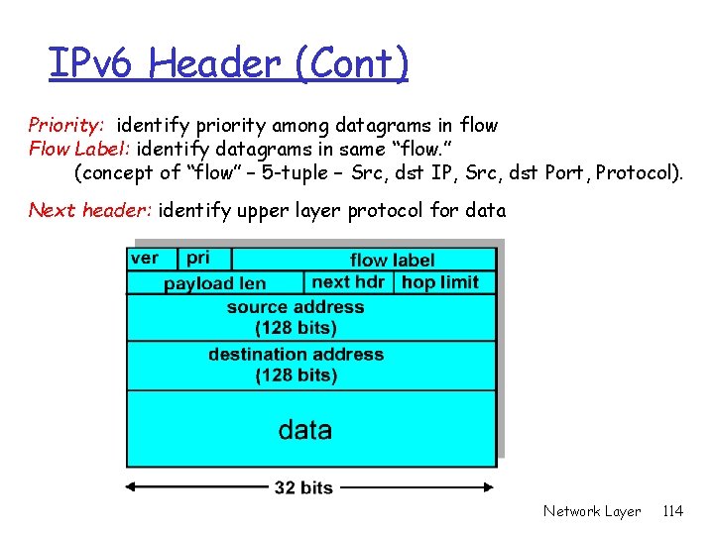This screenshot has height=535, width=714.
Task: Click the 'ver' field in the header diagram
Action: [x=145, y=258]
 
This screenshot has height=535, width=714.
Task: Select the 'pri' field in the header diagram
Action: [x=198, y=258]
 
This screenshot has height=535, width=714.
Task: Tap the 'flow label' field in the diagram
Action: [x=393, y=260]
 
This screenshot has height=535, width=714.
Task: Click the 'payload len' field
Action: [x=215, y=283]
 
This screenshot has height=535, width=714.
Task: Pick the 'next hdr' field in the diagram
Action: [x=348, y=281]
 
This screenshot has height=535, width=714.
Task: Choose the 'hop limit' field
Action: [x=440, y=281]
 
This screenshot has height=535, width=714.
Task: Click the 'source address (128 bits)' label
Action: [x=296, y=317]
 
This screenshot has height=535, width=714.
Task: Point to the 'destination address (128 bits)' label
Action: [x=296, y=364]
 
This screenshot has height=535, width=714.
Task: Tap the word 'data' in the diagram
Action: [x=305, y=430]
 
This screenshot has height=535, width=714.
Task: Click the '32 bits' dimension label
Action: [x=303, y=487]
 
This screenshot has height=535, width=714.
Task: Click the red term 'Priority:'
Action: [x=66, y=126]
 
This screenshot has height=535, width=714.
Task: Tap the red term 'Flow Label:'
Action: [x=78, y=150]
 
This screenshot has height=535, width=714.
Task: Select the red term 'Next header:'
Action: [x=89, y=210]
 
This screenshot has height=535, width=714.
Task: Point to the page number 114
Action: [x=672, y=511]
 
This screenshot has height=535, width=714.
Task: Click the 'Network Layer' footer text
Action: [x=592, y=511]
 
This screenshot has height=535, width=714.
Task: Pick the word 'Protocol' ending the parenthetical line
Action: [x=637, y=173]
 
